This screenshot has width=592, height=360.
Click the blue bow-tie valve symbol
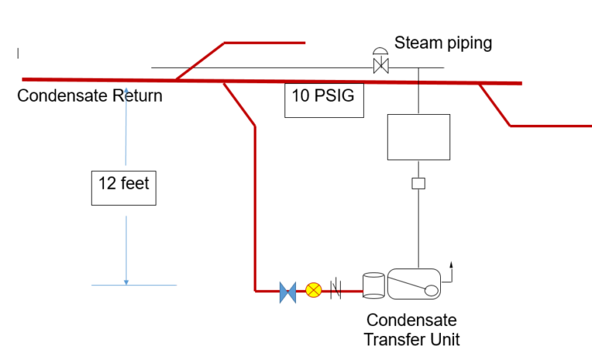(288, 291)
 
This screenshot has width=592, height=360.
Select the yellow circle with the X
(313, 291)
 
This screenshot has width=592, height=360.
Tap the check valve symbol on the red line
(336, 291)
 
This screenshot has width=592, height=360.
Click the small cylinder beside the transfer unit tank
(373, 284)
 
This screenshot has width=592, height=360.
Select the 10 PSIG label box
(324, 99)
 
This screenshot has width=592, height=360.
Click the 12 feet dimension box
(123, 187)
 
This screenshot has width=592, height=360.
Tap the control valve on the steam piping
(380, 62)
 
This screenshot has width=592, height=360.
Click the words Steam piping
(443, 42)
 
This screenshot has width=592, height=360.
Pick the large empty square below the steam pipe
(418, 137)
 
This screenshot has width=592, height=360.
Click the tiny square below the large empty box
(419, 183)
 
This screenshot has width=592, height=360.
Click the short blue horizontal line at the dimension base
(134, 285)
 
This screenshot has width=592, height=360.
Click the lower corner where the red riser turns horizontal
(255, 291)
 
